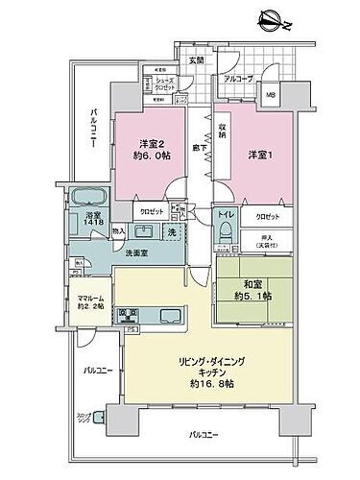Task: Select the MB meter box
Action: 271,95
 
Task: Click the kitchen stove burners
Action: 128,315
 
